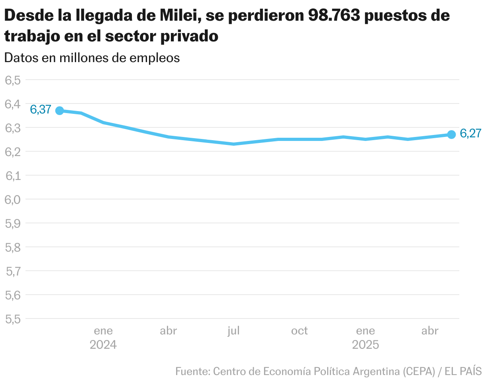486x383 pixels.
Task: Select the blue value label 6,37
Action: tap(41, 109)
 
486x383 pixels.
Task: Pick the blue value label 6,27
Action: tap(470, 134)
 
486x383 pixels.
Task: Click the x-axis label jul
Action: tap(233, 331)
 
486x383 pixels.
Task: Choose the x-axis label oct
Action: tap(299, 331)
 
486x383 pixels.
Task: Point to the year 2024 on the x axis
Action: tap(103, 344)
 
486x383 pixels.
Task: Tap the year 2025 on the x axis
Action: tap(365, 344)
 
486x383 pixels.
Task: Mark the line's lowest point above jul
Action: tap(233, 144)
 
